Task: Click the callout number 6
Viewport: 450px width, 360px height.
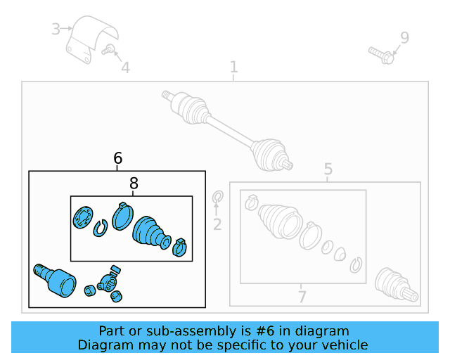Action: coord(118,158)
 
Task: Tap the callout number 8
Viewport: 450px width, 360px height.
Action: coord(134,183)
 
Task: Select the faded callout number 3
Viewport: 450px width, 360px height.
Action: coord(56,29)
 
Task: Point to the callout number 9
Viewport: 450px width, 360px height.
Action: coord(405,37)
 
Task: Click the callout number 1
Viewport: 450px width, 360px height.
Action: coord(234,67)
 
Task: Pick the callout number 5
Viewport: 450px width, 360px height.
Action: coord(328,169)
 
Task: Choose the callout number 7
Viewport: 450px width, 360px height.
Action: coord(302,297)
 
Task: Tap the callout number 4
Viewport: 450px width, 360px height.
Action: coord(125,67)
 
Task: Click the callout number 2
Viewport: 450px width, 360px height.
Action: coord(217,224)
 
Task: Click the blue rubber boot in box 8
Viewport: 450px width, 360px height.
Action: coord(150,232)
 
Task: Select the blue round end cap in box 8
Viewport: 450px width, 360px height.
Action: coord(83,217)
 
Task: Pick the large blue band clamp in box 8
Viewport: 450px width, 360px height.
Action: coord(122,216)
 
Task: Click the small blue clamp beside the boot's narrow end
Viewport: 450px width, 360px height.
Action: coord(180,247)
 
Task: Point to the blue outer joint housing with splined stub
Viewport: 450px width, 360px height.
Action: coord(55,281)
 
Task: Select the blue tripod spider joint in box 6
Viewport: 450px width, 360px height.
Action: coord(108,283)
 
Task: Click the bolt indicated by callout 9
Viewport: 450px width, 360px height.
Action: coord(381,56)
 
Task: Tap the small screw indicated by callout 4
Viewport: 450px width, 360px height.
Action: coord(108,49)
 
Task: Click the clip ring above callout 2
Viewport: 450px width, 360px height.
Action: coord(218,197)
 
